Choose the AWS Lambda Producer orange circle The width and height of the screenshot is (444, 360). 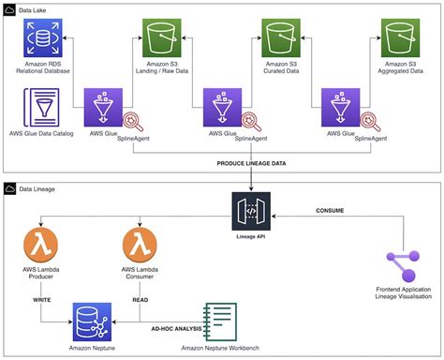41,248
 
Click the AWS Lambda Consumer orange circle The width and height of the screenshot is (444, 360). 139,248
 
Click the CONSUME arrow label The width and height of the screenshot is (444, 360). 334,208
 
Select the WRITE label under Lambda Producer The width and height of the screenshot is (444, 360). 42,299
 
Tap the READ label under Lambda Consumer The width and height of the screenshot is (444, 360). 139,299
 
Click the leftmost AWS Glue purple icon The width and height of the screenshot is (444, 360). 101,108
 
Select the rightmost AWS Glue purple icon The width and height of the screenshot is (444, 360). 338,108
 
